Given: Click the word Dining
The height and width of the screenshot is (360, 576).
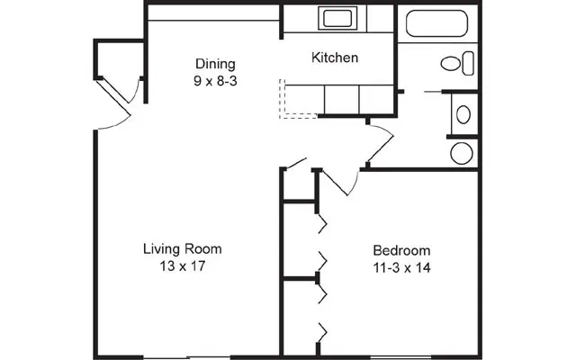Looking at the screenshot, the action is [215, 64].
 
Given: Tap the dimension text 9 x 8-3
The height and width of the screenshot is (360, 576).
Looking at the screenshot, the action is [215, 81].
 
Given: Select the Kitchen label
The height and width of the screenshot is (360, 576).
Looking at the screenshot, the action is [335, 58].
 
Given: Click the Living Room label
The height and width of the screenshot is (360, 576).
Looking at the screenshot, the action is [183, 249].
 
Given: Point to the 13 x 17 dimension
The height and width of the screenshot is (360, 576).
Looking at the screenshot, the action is [183, 266].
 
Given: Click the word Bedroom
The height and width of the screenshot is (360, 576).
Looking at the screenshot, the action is [401, 250].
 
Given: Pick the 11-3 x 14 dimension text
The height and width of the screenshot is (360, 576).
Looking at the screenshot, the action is [402, 268].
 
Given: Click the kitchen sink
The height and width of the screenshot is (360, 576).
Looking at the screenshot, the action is [337, 18].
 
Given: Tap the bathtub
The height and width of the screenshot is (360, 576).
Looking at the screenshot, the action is [437, 23].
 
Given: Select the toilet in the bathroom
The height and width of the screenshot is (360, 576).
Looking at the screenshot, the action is [457, 63].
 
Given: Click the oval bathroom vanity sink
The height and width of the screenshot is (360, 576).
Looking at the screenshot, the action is [463, 114].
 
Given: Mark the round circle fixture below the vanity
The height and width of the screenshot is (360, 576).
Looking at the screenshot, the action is [462, 153].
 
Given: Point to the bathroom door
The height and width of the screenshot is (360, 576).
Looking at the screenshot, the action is [381, 143].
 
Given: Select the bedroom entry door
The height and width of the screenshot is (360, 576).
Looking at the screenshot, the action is [338, 183].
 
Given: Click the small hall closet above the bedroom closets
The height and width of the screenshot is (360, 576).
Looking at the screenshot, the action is [299, 185].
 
